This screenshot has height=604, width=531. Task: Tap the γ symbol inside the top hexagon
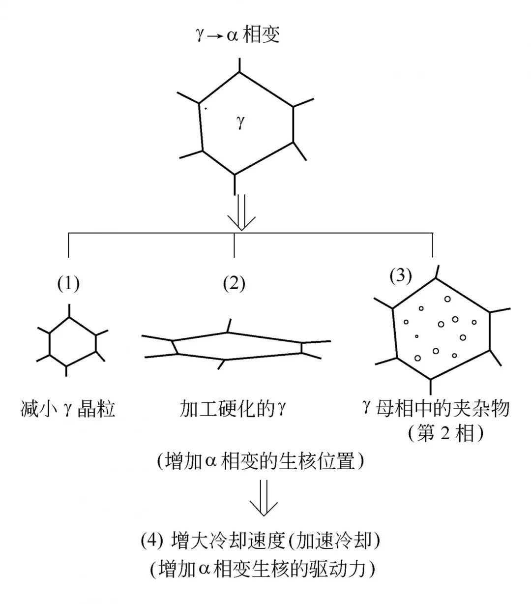(240, 121)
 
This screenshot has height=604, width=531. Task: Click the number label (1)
(68, 283)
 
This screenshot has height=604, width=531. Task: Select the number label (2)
(234, 283)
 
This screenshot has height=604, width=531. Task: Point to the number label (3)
(400, 276)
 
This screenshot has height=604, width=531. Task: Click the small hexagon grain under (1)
(72, 341)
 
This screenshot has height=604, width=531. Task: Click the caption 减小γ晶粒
(68, 409)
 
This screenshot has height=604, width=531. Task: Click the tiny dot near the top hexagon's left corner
(206, 109)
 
